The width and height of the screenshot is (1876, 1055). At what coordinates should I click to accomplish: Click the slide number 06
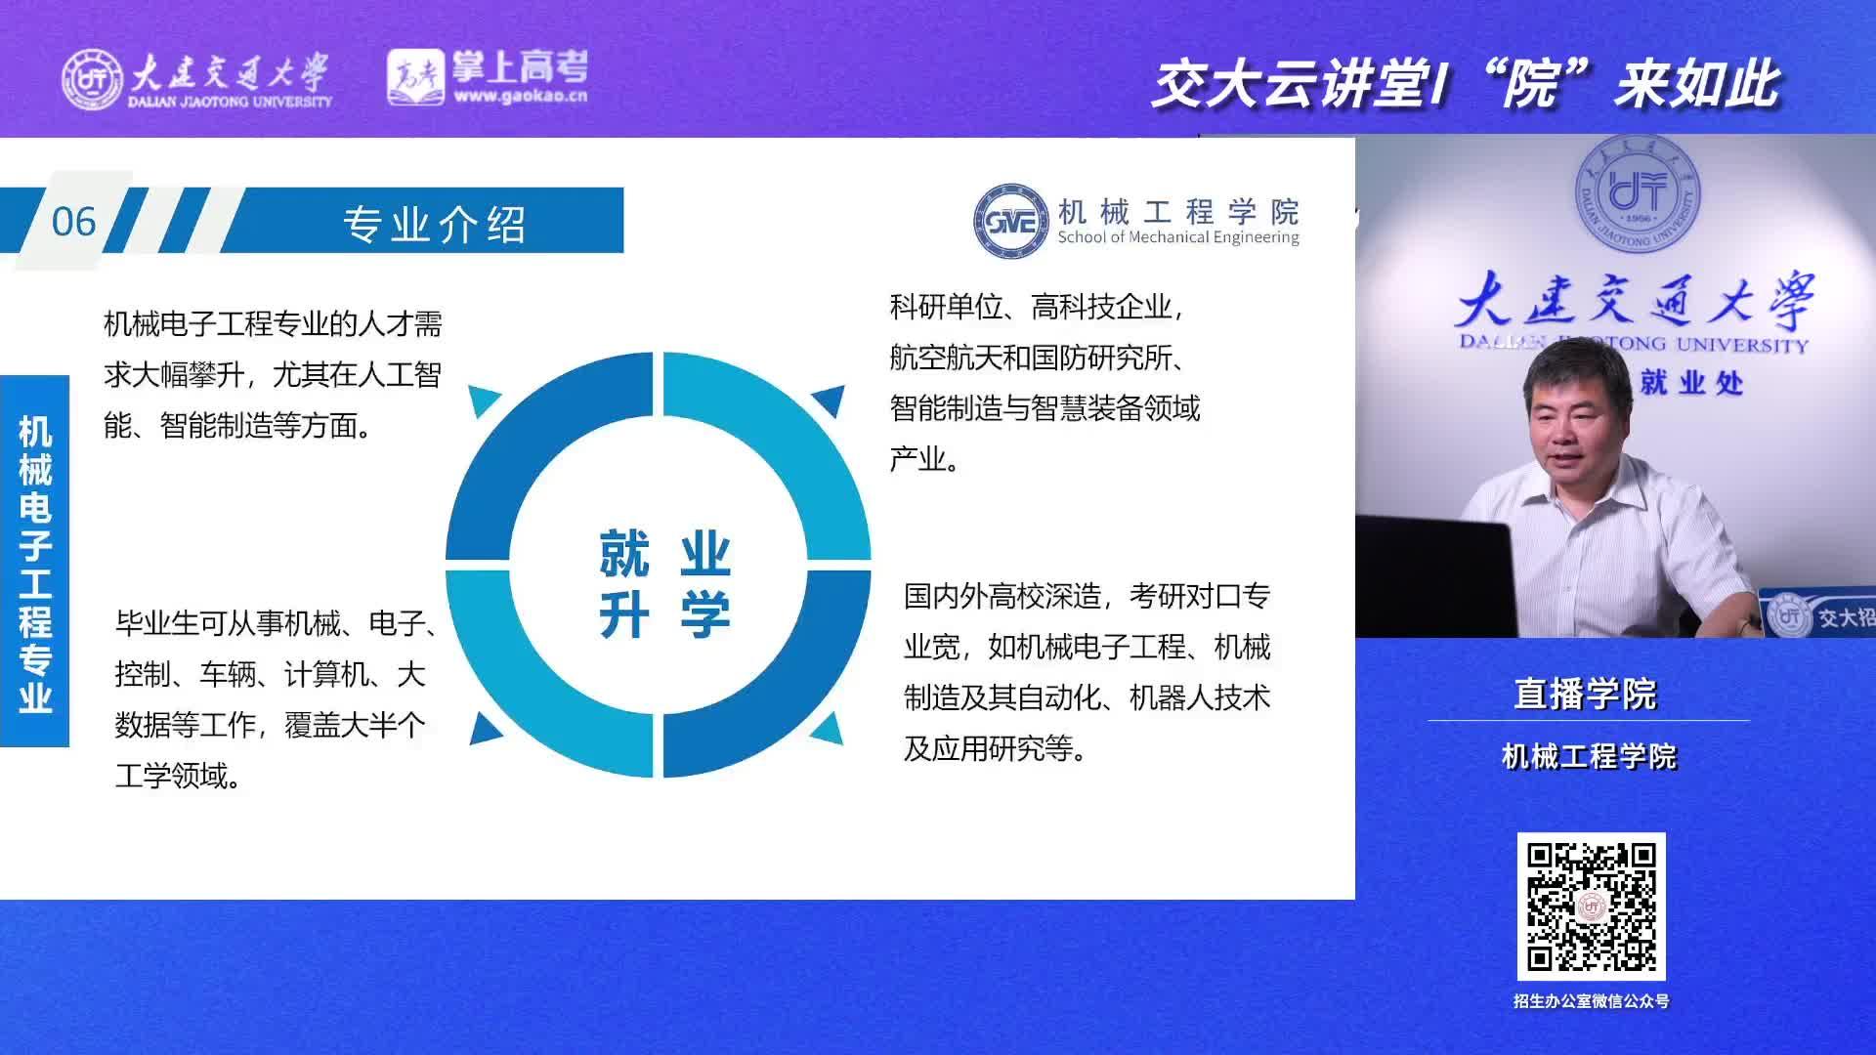73,222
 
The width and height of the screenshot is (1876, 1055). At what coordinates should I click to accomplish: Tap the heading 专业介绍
435,224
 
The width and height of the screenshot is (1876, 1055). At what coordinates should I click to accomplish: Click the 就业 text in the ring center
664,553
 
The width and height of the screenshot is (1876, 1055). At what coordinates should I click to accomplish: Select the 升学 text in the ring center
664,615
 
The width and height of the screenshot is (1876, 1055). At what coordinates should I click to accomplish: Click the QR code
1591,907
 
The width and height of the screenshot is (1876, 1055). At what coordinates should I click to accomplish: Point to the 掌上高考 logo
488,77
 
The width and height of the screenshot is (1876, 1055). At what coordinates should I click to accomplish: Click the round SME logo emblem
1011,222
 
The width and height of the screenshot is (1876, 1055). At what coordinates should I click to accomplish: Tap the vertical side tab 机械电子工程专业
34,562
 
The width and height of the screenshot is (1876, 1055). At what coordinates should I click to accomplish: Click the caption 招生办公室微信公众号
1591,1001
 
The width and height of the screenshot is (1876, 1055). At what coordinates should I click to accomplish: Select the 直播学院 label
1585,694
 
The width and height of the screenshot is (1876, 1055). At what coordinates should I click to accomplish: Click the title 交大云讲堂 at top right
1289,84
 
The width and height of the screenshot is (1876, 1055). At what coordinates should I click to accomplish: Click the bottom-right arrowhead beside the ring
829,728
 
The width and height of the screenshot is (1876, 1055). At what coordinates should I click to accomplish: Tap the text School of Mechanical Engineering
1178,237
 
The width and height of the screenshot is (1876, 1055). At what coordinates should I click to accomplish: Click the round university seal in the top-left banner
93,78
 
